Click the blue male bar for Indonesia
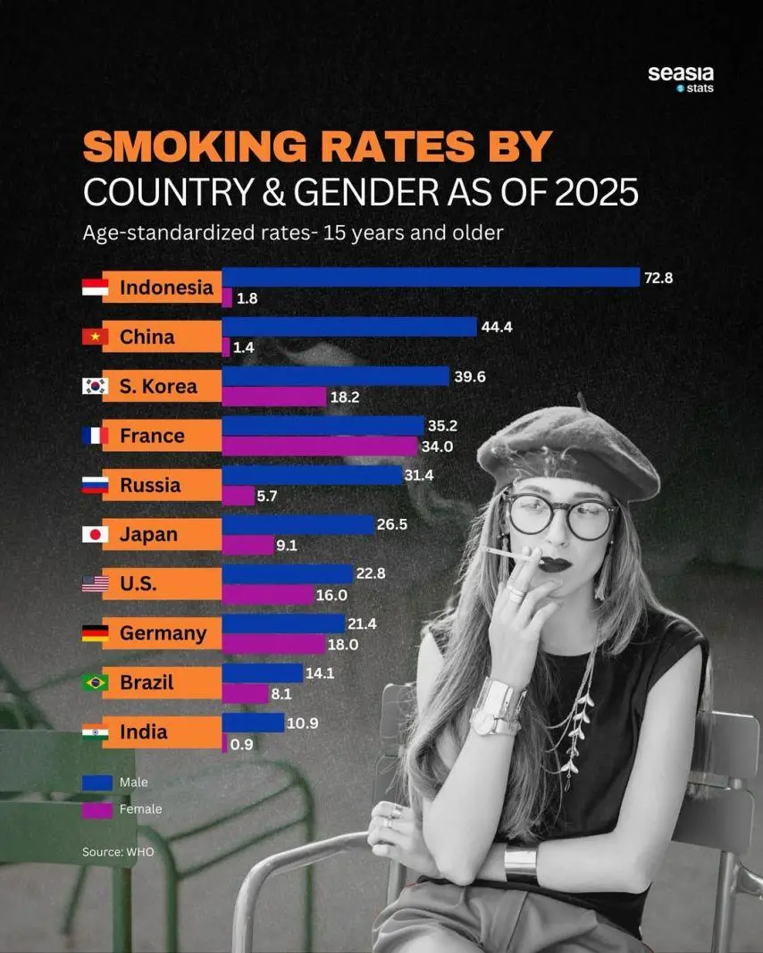click(431, 278)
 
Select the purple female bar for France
click(319, 446)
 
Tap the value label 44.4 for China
click(496, 327)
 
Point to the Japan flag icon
click(95, 534)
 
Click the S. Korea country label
click(158, 387)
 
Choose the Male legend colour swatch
click(96, 782)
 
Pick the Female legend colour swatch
click(96, 809)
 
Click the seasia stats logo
click(681, 78)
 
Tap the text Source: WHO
click(118, 852)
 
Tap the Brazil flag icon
click(95, 682)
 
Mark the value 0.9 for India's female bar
click(241, 742)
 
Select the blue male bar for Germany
click(282, 623)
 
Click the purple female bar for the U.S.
click(268, 594)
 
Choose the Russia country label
click(150, 485)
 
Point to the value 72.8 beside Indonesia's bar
click(658, 278)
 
